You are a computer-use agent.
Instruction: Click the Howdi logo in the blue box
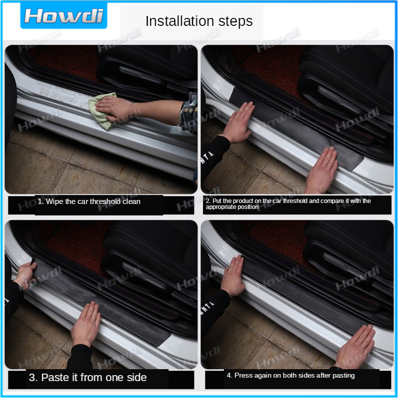pos(64,16)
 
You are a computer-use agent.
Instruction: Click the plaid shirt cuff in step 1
pos(189,113)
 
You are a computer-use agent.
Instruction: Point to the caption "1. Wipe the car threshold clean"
pos(89,201)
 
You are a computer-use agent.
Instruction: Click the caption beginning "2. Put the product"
pos(288,204)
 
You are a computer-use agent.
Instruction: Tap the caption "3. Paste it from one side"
pos(88,378)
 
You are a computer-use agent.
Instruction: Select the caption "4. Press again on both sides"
pos(291,376)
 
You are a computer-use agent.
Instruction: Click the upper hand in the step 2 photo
pos(239,122)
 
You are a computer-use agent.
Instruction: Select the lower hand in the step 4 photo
pos(355,346)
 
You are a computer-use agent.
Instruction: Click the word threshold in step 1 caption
pos(105,201)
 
